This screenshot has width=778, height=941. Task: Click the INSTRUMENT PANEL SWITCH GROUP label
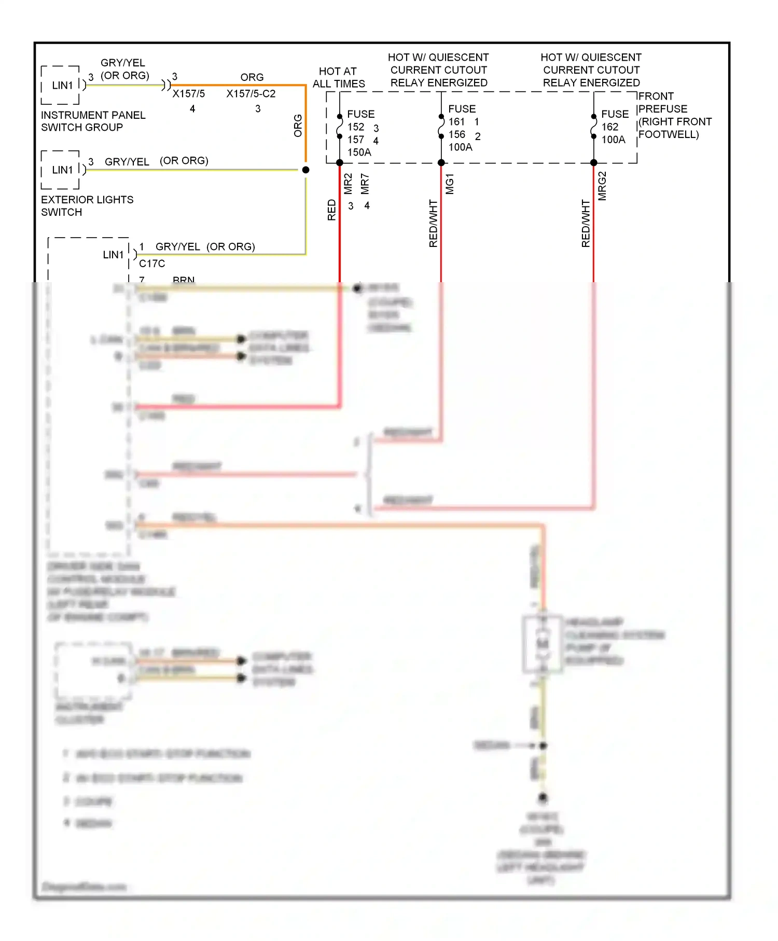click(93, 121)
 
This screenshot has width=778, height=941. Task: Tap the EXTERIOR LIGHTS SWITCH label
click(87, 206)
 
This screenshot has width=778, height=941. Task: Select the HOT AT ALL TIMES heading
click(338, 78)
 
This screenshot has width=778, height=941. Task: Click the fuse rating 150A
click(359, 153)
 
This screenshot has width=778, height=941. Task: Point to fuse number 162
click(609, 127)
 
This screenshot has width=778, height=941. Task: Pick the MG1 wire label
click(450, 184)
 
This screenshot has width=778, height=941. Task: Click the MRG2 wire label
click(602, 186)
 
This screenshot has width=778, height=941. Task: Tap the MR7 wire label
click(365, 184)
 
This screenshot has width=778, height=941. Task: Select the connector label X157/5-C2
click(251, 94)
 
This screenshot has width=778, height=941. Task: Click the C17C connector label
click(152, 264)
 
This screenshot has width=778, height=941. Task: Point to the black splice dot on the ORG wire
click(305, 170)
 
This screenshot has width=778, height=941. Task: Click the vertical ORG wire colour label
click(298, 126)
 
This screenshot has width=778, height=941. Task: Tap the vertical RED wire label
click(332, 210)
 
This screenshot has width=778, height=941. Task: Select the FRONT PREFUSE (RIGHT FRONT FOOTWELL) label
click(674, 115)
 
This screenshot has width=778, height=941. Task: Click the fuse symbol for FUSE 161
click(441, 126)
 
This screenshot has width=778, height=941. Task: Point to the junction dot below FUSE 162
click(594, 163)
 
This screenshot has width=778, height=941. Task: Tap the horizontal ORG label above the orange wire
click(252, 77)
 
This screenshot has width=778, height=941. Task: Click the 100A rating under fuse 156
click(460, 147)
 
